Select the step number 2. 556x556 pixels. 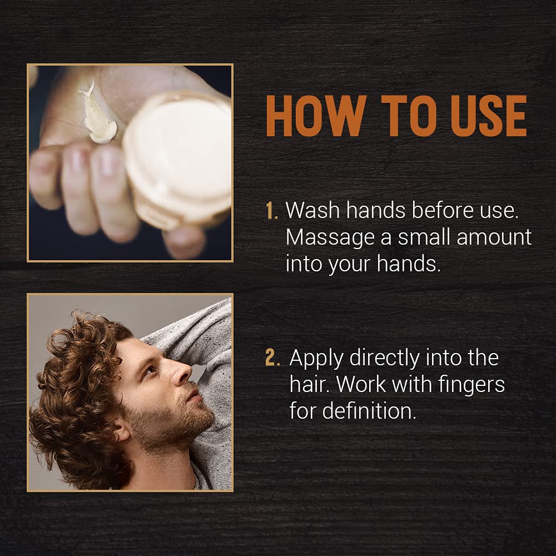pos(272,358)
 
